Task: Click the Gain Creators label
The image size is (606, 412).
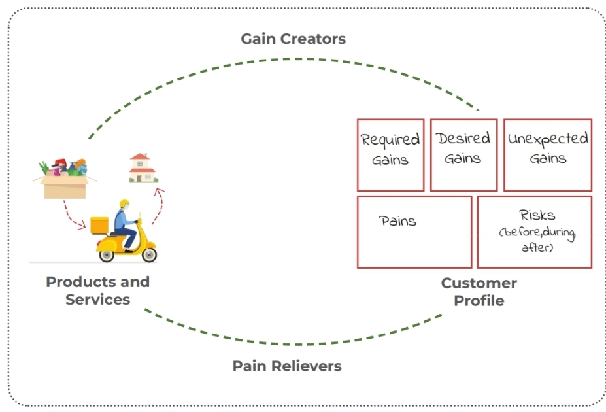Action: tap(293, 39)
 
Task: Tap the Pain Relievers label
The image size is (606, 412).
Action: tap(287, 366)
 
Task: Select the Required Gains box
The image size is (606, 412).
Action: tap(390, 154)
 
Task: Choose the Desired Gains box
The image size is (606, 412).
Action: tap(463, 154)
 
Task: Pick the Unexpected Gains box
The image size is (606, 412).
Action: tap(547, 154)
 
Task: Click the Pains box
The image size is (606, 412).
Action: tap(414, 232)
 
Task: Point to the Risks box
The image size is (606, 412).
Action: tap(534, 232)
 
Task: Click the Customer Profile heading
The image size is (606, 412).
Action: tap(479, 292)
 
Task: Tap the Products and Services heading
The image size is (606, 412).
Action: tap(97, 291)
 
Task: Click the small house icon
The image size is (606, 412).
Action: tap(143, 168)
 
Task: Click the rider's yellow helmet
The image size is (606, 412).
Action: tap(125, 203)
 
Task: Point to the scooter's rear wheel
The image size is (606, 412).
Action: tap(107, 253)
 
